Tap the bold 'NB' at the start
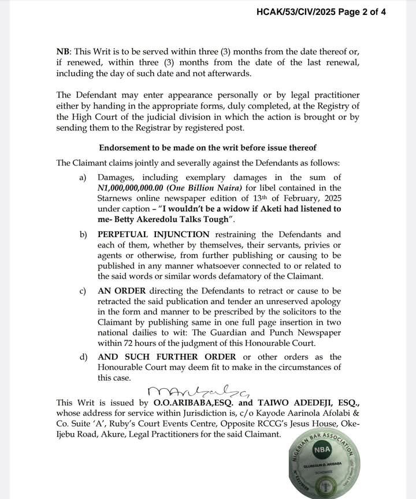(x=63, y=51)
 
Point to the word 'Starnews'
(x=116, y=198)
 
